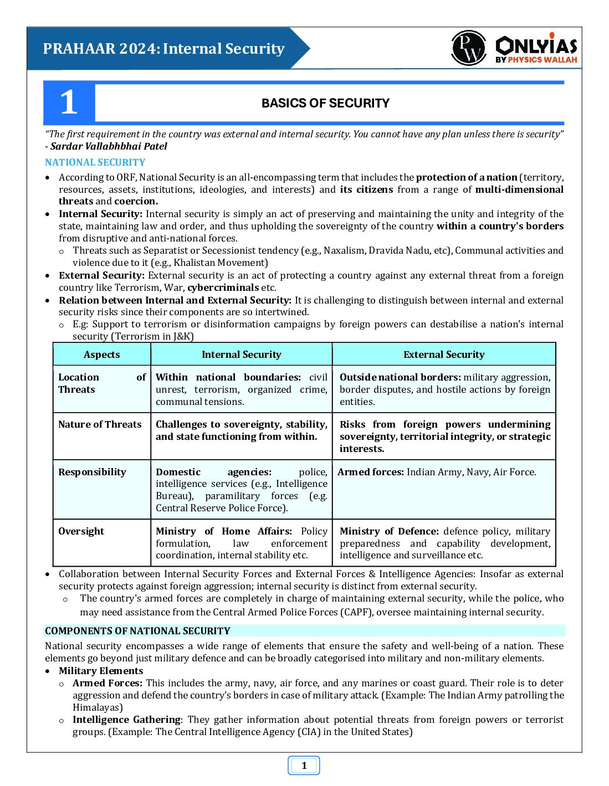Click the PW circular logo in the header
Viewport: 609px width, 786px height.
[x=469, y=48]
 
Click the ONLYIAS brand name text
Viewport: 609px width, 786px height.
[x=536, y=45]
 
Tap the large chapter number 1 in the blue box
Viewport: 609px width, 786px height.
[x=69, y=102]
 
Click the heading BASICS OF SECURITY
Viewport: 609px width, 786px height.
[x=325, y=103]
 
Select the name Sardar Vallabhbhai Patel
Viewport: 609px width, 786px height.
[x=109, y=146]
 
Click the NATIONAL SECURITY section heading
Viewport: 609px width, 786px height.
[x=95, y=162]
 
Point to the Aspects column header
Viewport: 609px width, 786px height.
[x=101, y=355]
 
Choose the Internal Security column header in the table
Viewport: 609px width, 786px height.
[x=241, y=355]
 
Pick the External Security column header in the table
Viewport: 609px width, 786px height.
[x=444, y=355]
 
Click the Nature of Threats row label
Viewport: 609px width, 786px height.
[x=100, y=424]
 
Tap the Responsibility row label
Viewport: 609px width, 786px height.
[x=92, y=472]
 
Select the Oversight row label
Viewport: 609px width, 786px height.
[x=81, y=531]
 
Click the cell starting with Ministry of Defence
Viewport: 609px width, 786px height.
[x=444, y=543]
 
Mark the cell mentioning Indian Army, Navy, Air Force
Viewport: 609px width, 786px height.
[x=437, y=472]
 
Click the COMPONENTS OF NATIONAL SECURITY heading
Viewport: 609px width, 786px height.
[x=137, y=631]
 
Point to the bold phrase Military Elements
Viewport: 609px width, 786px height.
[x=101, y=671]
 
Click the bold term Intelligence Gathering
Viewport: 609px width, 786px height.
[x=126, y=720]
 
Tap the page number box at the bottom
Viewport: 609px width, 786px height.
[x=304, y=766]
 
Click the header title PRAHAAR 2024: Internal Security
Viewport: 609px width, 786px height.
[x=163, y=49]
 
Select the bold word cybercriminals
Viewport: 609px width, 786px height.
[x=223, y=287]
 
